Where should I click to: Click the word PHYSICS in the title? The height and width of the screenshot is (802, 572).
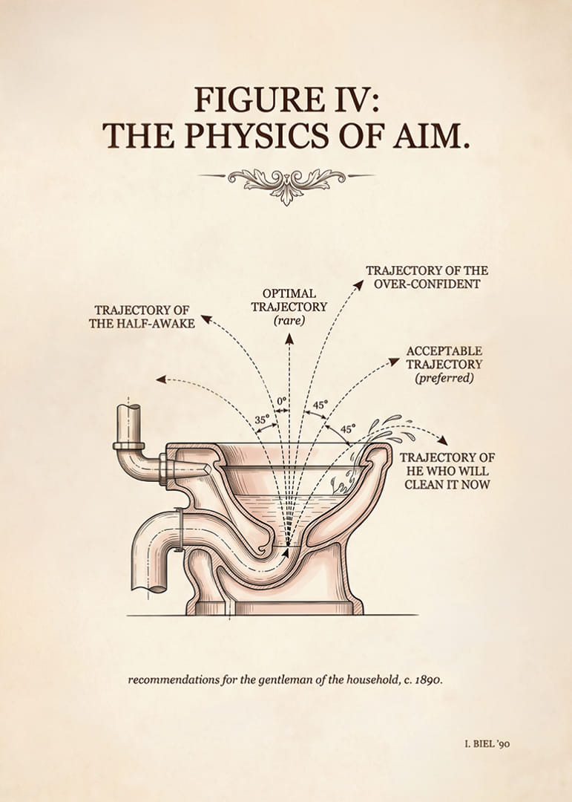(258, 135)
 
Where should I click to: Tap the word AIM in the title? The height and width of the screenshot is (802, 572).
(431, 135)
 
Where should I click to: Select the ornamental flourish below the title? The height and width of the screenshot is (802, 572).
(286, 183)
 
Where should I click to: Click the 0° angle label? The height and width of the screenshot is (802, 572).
(282, 400)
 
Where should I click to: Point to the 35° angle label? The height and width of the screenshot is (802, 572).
(262, 420)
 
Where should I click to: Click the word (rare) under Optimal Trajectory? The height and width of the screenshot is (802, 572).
(289, 321)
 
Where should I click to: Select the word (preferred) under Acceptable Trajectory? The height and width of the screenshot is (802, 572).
(444, 378)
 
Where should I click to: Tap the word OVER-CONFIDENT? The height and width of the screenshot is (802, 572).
(427, 284)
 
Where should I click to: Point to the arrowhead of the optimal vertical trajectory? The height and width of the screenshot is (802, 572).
(289, 338)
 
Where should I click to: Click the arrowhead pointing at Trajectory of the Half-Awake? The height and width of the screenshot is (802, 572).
(206, 319)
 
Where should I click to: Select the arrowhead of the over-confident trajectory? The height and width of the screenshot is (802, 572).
(359, 284)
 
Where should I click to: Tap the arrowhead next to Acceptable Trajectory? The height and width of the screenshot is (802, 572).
(394, 361)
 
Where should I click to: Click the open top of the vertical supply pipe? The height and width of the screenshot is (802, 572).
(128, 408)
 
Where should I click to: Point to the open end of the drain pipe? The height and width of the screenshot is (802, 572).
(149, 588)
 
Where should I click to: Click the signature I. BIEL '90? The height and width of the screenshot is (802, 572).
(487, 743)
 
